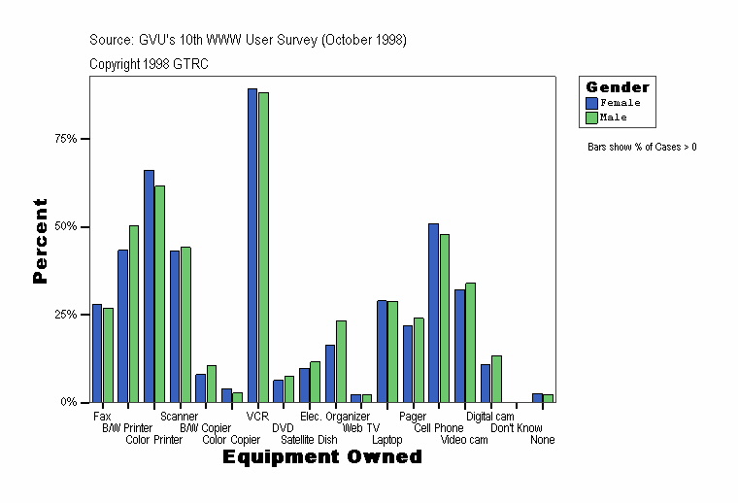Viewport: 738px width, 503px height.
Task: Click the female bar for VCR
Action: pyautogui.click(x=252, y=246)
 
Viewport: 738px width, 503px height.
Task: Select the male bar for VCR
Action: pyautogui.click(x=263, y=248)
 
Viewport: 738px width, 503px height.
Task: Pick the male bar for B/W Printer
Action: pyautogui.click(x=134, y=314)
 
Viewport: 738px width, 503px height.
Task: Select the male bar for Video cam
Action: pyautogui.click(x=470, y=343)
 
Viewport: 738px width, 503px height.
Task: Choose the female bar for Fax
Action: pyautogui.click(x=97, y=353)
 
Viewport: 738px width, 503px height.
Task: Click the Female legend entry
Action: pyautogui.click(x=612, y=102)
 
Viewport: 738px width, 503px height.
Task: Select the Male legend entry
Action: pyautogui.click(x=606, y=117)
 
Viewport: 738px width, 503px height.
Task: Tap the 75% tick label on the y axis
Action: pyautogui.click(x=66, y=139)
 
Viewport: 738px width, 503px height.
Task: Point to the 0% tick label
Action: pyautogui.click(x=70, y=402)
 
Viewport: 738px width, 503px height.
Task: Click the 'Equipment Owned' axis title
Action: pyautogui.click(x=322, y=457)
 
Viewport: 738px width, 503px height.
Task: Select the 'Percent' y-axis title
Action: pyautogui.click(x=40, y=241)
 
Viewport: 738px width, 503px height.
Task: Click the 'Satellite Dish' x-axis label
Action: pyautogui.click(x=309, y=440)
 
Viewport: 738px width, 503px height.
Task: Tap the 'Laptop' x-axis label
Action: pyautogui.click(x=386, y=440)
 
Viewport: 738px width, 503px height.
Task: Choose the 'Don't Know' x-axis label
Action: pyautogui.click(x=516, y=428)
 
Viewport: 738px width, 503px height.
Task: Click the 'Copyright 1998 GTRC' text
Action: pyautogui.click(x=149, y=64)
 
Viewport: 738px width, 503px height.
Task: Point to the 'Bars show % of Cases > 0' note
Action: pyautogui.click(x=642, y=148)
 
